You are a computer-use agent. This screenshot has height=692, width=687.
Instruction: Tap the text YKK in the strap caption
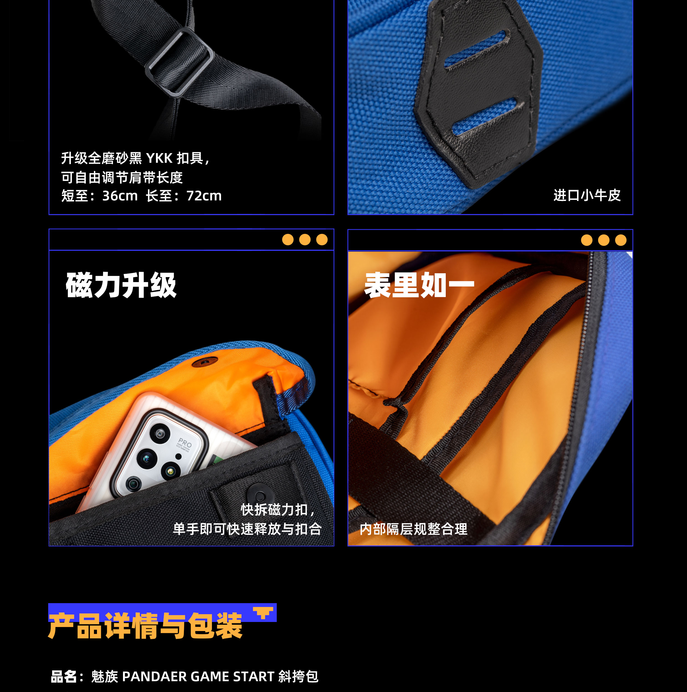[159, 158]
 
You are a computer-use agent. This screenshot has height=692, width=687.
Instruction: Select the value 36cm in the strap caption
[120, 196]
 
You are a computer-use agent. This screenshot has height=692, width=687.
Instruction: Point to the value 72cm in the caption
[204, 196]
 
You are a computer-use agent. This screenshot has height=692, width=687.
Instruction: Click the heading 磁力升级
[121, 285]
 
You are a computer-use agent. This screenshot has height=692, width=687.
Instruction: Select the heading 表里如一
[419, 285]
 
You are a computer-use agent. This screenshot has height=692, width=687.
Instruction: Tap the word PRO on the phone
[185, 442]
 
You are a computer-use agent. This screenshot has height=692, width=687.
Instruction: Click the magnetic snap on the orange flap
[205, 362]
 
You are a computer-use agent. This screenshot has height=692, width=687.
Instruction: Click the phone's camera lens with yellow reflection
[171, 471]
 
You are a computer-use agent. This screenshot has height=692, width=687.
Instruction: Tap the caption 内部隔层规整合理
[413, 529]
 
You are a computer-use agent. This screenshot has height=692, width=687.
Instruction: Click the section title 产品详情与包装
[145, 626]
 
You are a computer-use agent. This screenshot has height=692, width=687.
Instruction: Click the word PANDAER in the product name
[155, 676]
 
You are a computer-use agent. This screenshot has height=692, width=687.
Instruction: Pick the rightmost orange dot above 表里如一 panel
[621, 240]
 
